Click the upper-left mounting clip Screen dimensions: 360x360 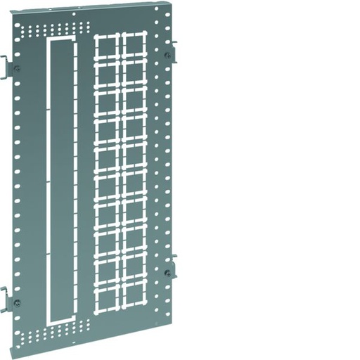click(6, 67)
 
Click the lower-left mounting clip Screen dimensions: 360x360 click(6, 300)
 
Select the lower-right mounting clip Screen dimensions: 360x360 click(172, 266)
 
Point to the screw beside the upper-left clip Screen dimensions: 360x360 click(17, 68)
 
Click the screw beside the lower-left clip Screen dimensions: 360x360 click(17, 302)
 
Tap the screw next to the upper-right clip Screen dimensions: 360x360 click(167, 54)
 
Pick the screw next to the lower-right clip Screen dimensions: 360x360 click(167, 272)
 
